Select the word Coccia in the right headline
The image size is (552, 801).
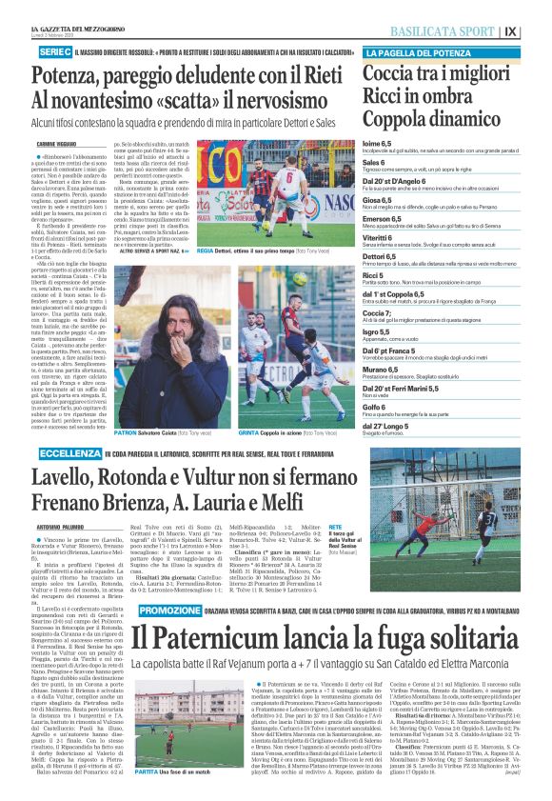(x=391, y=74)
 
